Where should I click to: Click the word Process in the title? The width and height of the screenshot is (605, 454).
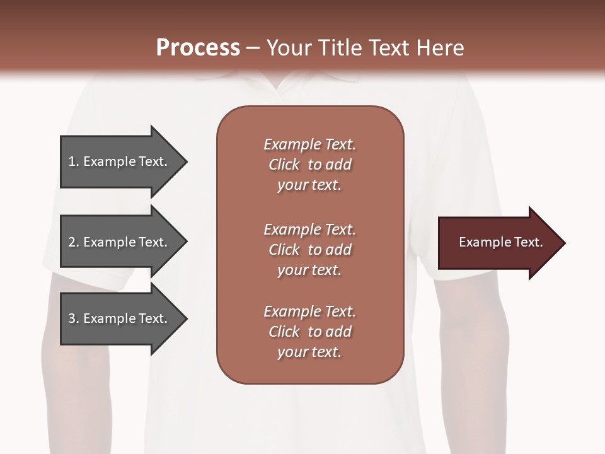tap(198, 48)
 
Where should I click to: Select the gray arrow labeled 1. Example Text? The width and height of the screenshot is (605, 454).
tap(120, 161)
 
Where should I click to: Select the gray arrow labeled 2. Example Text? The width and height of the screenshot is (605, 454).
tap(120, 242)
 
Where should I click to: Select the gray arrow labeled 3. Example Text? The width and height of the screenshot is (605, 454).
tap(120, 318)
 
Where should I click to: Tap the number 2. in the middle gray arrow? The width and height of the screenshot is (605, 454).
tap(74, 242)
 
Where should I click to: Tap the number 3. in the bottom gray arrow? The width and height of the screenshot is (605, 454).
tap(74, 318)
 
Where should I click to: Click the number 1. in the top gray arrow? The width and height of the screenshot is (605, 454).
tap(74, 161)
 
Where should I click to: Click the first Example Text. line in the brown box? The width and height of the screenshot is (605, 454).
tap(309, 144)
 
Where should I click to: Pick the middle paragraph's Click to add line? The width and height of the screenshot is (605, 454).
tap(309, 250)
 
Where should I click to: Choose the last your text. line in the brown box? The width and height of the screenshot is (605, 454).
tap(309, 352)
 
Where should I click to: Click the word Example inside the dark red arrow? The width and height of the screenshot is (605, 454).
tap(481, 242)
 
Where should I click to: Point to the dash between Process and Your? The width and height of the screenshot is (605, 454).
tap(253, 49)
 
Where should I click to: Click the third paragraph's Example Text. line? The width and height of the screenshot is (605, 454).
tap(309, 311)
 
